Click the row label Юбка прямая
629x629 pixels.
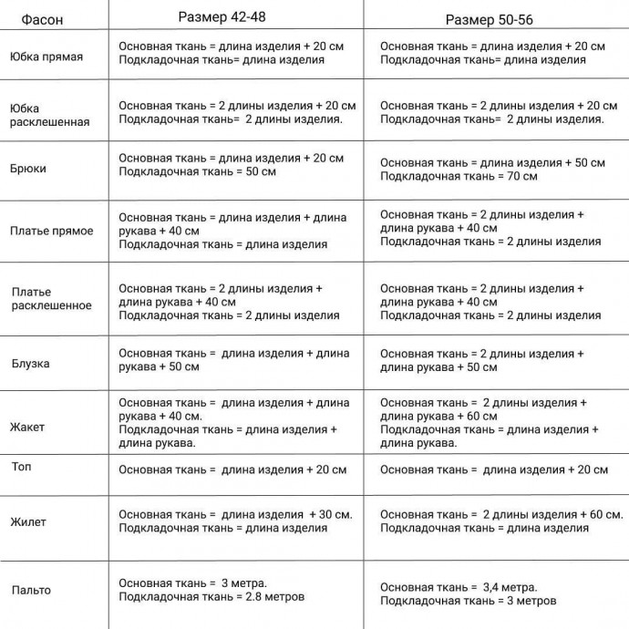coord(46,57)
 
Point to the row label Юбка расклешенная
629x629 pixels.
coord(49,115)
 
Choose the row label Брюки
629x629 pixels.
coord(28,169)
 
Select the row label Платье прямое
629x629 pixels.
coord(52,231)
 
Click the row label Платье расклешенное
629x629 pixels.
coord(51,299)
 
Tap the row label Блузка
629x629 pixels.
coord(30,364)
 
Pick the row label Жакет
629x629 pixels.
coord(27,427)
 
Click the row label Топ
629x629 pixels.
coord(21,467)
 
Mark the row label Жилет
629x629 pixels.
coord(28,522)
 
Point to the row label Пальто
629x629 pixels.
coord(31,590)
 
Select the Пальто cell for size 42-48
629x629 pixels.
coord(211,590)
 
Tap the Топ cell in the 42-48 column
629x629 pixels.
coord(232,470)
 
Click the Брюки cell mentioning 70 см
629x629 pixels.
coord(492,170)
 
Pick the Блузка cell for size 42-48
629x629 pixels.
coord(233,360)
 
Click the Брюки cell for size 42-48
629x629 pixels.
coord(231,165)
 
